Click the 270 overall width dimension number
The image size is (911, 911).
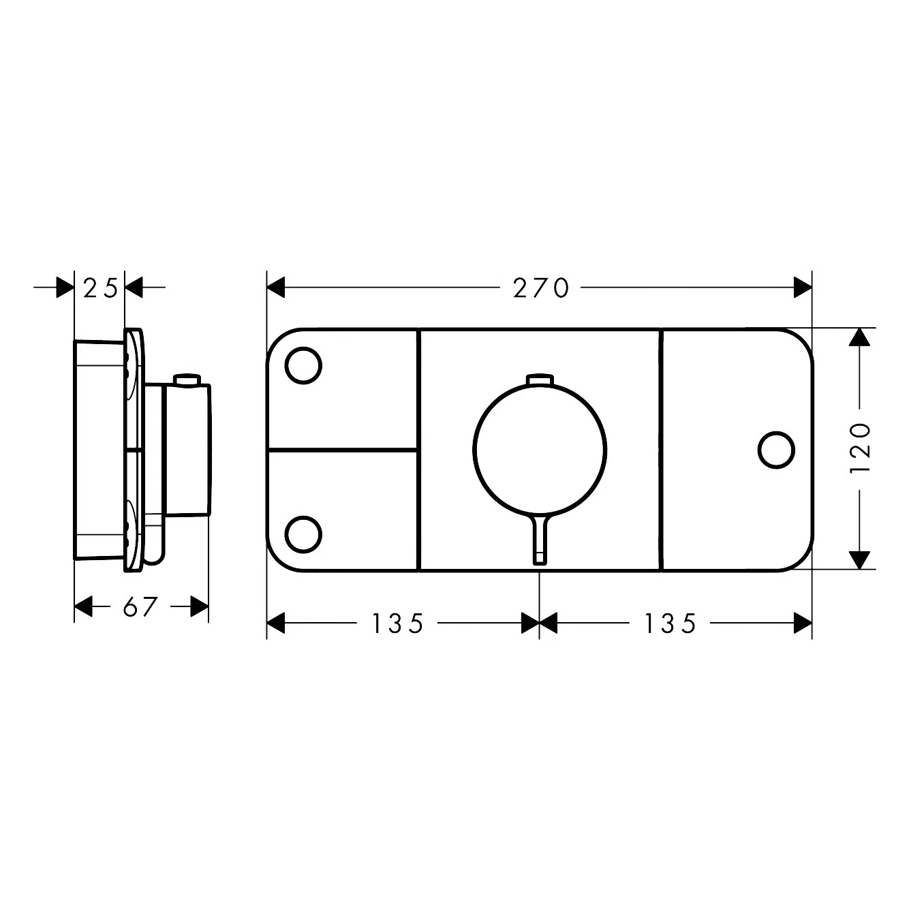(540, 289)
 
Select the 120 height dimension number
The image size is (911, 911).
(861, 448)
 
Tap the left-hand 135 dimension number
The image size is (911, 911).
(399, 623)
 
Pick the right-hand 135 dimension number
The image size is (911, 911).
(671, 623)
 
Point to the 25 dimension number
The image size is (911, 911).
(100, 289)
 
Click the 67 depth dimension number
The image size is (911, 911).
(140, 606)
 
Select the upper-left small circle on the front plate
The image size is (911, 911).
(303, 366)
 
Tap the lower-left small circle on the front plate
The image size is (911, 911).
(303, 534)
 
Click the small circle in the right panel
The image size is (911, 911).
(777, 450)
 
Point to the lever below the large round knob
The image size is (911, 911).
(540, 538)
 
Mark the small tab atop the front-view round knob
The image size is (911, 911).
(540, 379)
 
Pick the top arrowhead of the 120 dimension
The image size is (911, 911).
(861, 337)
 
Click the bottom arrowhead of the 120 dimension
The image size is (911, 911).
(861, 559)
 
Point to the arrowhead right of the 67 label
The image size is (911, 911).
(199, 606)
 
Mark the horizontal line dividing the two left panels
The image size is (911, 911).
(343, 450)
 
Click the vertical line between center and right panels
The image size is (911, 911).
(660, 450)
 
